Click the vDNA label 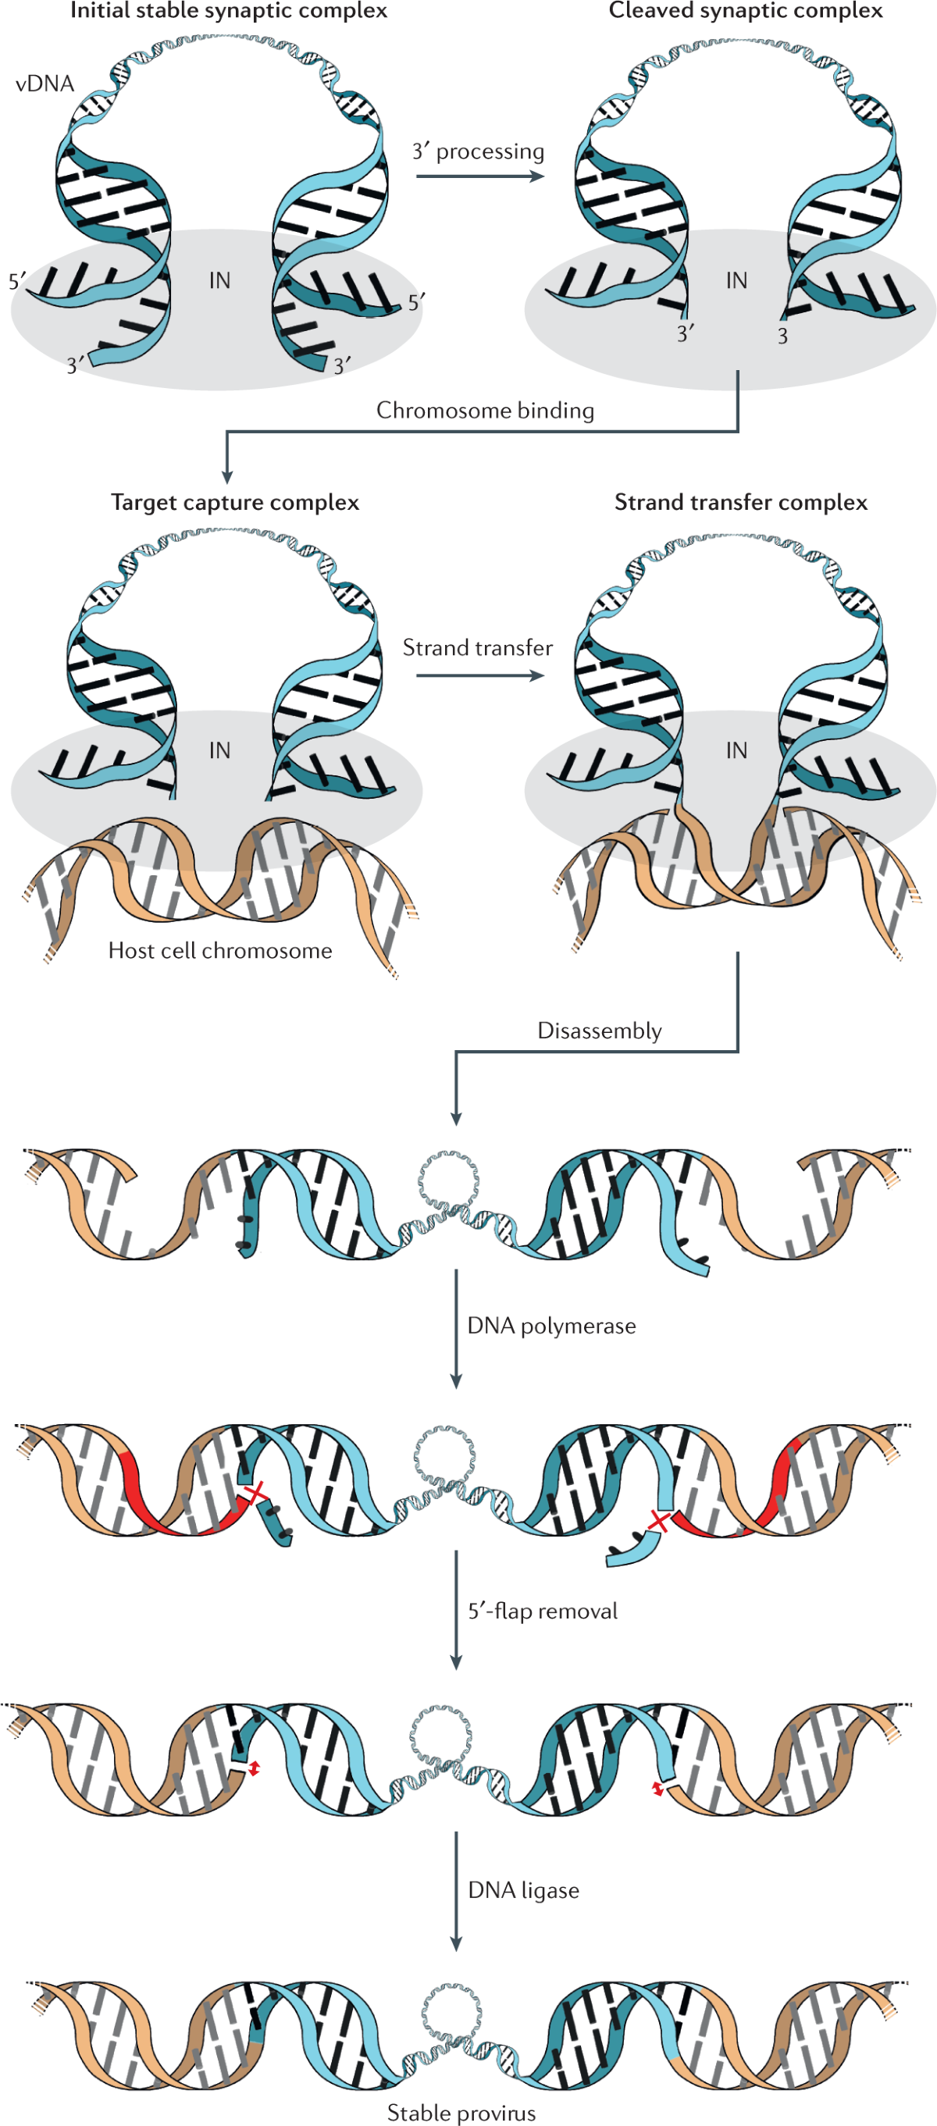coord(45,84)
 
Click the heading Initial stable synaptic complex coord(228,11)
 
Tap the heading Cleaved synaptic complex coord(746,11)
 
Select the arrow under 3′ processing coord(479,176)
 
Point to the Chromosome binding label coord(485,410)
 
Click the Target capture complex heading coord(234,502)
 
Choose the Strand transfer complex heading coord(740,502)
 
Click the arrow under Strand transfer coord(479,675)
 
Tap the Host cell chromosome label coord(219,950)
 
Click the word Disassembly coord(600,1030)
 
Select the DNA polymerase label coord(551,1326)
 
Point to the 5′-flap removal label coord(543,1610)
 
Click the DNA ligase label coord(523,1889)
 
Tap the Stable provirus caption coord(461,2112)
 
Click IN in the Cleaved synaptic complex coord(736,280)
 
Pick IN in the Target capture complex coord(219,750)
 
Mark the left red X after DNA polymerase coord(257,1491)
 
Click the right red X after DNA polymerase coord(659,1519)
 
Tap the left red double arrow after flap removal coord(255,1768)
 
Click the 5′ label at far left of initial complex coord(16,281)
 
